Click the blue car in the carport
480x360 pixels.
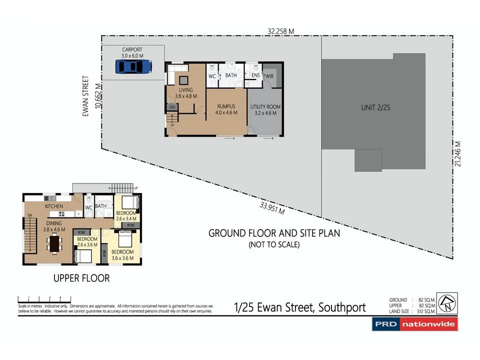coord(133,66)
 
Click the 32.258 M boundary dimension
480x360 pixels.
coord(280,31)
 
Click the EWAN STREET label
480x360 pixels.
coord(85,96)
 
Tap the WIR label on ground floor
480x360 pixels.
coord(270,76)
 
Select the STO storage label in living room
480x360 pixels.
coord(171,106)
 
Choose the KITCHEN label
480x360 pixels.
coord(53,206)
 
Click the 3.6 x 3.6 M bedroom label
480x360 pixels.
coord(122,255)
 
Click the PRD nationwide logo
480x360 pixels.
coord(414,324)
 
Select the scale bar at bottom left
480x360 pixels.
coord(44,299)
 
